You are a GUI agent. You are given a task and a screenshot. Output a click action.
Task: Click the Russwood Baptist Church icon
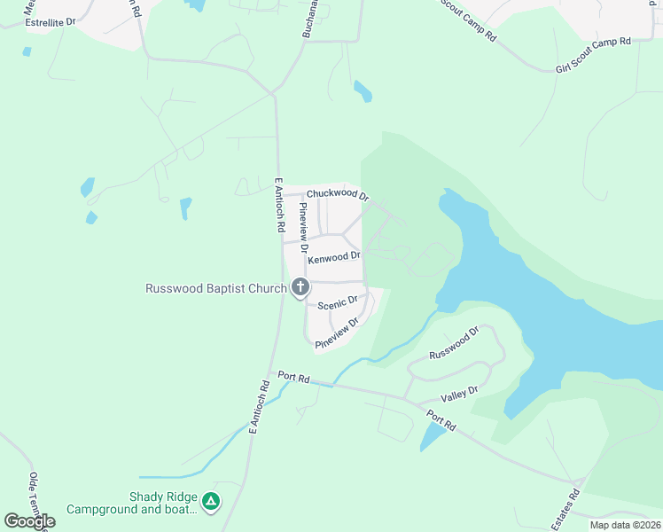300,287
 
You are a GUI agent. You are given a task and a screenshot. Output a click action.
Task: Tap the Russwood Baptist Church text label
215,288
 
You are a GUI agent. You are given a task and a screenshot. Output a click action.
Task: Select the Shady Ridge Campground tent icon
211,502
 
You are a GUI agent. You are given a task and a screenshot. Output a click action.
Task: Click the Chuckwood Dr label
337,194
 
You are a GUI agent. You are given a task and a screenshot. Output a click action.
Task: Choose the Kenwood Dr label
334,257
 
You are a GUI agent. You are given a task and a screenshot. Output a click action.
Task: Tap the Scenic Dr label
338,302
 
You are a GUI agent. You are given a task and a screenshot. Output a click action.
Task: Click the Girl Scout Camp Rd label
592,54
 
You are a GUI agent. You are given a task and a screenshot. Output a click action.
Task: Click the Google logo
30,521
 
